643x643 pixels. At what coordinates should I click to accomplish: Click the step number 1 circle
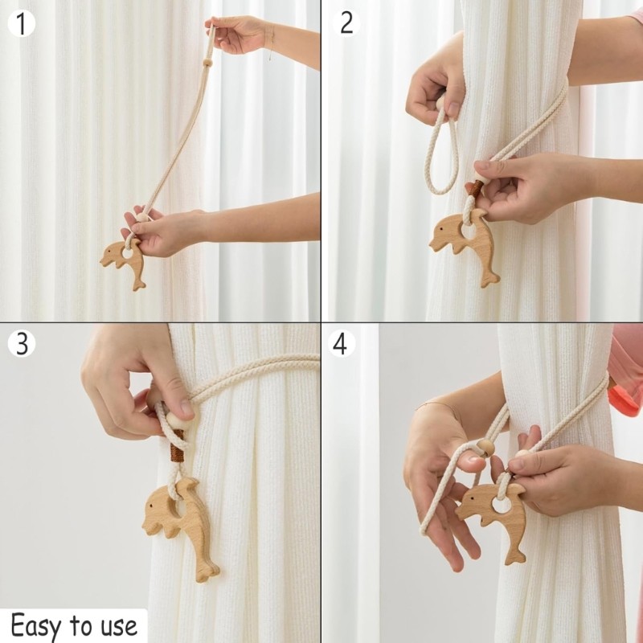pyautogui.click(x=23, y=23)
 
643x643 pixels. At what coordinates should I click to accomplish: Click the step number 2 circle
pyautogui.click(x=346, y=23)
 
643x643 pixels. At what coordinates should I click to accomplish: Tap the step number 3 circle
pyautogui.click(x=23, y=344)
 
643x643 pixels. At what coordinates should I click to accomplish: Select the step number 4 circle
pyautogui.click(x=341, y=344)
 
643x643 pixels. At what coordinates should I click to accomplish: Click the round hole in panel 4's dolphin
pyautogui.click(x=501, y=506)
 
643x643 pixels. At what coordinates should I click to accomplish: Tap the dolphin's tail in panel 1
pyautogui.click(x=139, y=281)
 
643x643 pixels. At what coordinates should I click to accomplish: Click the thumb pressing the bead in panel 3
pyautogui.click(x=181, y=406)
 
